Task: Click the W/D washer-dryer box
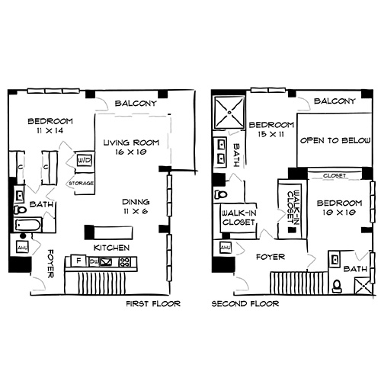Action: click(85, 161)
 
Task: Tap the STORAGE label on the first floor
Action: click(81, 183)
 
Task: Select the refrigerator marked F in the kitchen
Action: click(77, 262)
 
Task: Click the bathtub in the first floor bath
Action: click(30, 226)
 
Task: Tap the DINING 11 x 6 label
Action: click(135, 207)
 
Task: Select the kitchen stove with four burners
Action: click(122, 262)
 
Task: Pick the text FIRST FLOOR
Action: click(152, 303)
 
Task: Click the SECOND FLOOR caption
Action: click(245, 303)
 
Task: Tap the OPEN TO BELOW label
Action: click(329, 141)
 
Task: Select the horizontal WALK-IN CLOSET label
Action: click(239, 219)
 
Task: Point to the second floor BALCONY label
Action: click(335, 102)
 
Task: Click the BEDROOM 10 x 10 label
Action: click(337, 207)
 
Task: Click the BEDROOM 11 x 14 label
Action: click(50, 126)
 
